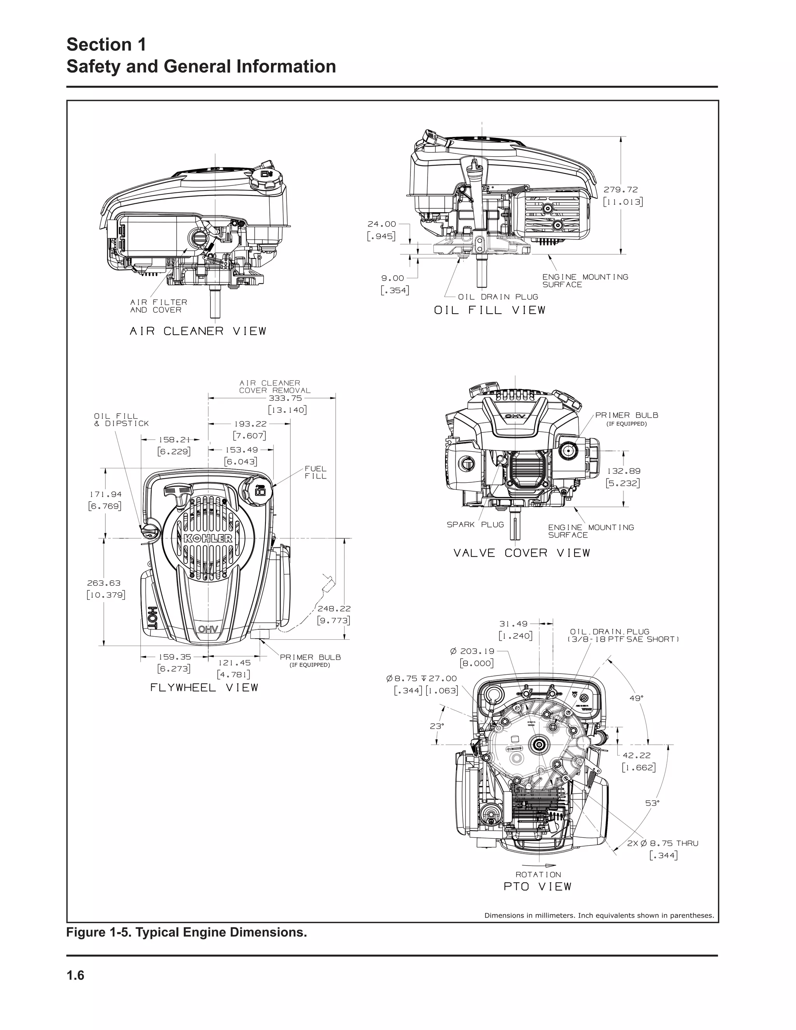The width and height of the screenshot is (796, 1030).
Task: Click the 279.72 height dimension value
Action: pyautogui.click(x=621, y=190)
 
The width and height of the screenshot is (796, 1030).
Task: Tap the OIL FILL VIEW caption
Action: pyautogui.click(x=489, y=310)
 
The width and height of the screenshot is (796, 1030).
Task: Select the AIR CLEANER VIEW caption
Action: pyautogui.click(x=198, y=332)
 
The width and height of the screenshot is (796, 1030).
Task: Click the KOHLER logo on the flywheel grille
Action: pyautogui.click(x=208, y=539)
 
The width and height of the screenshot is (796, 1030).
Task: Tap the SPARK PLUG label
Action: pyautogui.click(x=475, y=524)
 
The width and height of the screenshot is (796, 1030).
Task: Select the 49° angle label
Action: pyautogui.click(x=637, y=698)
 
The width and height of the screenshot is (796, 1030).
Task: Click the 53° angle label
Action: pyautogui.click(x=652, y=803)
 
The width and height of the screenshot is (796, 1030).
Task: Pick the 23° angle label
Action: pyautogui.click(x=436, y=726)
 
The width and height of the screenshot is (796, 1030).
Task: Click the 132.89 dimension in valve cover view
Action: pyautogui.click(x=623, y=471)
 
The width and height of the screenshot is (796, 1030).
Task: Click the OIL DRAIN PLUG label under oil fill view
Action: pyautogui.click(x=498, y=297)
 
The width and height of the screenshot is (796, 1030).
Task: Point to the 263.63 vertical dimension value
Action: pyautogui.click(x=104, y=583)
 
